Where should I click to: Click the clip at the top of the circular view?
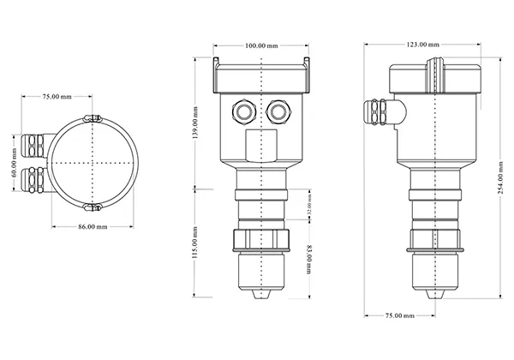pos(92,117)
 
